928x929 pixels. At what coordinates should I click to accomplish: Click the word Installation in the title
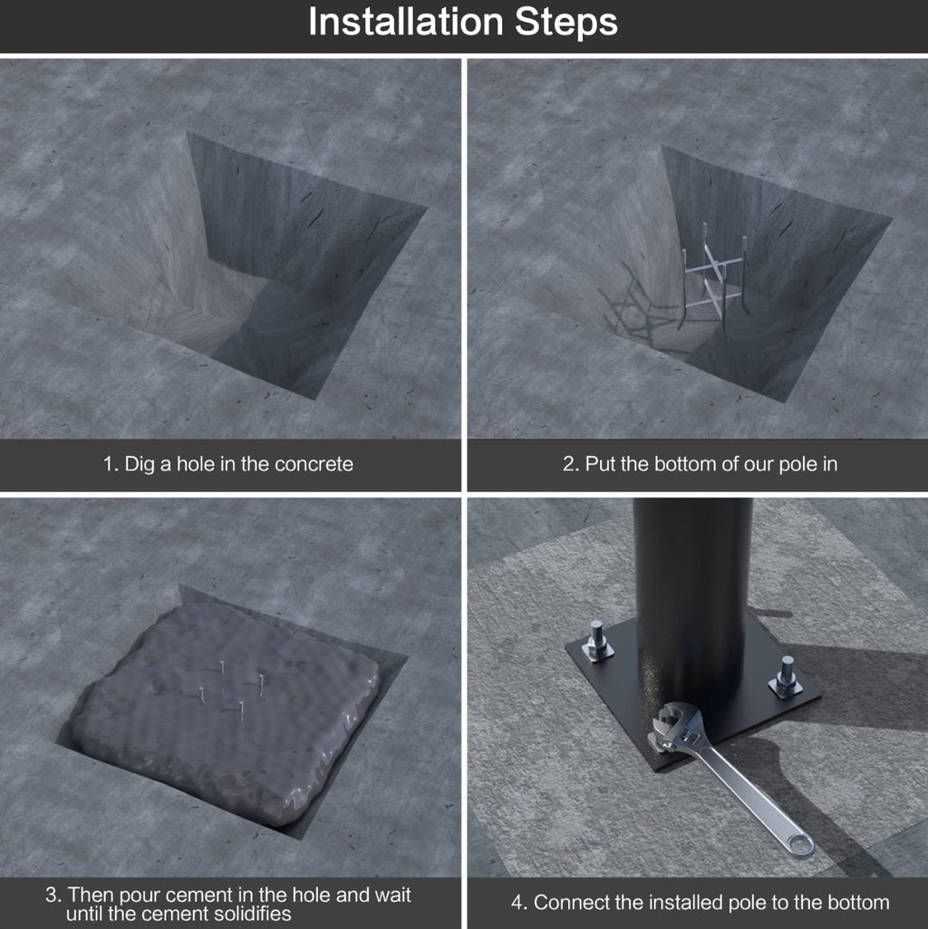[x=406, y=22]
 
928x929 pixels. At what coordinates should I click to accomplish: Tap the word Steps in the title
[x=565, y=23]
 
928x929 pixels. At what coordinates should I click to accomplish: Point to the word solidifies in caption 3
[x=253, y=913]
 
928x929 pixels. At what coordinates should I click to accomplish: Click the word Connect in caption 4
[x=570, y=903]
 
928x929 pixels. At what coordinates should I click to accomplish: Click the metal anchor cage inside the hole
[x=714, y=276]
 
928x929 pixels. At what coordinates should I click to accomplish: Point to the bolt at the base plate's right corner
[x=787, y=676]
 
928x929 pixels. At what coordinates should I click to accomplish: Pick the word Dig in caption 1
[x=140, y=464]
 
